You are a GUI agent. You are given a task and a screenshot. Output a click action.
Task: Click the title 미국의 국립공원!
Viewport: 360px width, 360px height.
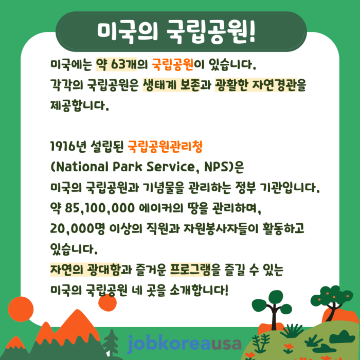(x=176, y=31)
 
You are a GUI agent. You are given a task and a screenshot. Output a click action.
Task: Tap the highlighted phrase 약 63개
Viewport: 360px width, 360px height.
(x=116, y=64)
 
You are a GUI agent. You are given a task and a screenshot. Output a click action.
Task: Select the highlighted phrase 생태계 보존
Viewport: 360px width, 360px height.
(x=171, y=85)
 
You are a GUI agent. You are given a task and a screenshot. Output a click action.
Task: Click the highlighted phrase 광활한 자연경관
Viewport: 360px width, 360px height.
(x=256, y=85)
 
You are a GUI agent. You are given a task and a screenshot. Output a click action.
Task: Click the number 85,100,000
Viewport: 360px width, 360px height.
(x=100, y=208)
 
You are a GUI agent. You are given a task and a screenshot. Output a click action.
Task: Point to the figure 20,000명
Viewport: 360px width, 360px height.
(x=77, y=228)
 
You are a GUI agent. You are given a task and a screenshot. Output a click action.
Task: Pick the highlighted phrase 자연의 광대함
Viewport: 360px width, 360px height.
(x=85, y=269)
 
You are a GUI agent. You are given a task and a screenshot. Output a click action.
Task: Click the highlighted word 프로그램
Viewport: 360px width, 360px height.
(x=190, y=269)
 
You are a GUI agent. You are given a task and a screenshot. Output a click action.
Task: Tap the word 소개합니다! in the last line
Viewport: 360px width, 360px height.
(x=199, y=290)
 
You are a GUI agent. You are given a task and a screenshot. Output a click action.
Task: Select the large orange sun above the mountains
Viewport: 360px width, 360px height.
(x=21, y=309)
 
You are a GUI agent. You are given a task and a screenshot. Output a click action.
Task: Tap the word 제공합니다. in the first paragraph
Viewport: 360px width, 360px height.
(x=79, y=105)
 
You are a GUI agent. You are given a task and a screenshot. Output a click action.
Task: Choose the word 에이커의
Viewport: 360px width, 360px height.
(x=161, y=208)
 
